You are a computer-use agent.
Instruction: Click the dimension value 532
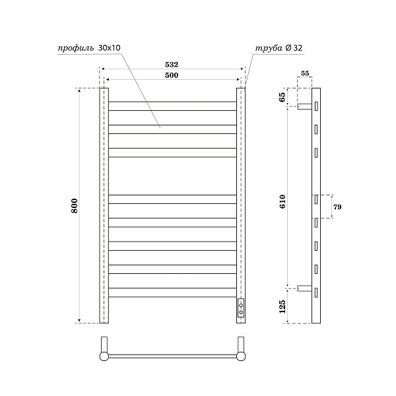pos(172,65)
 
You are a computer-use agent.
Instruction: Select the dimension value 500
pos(172,76)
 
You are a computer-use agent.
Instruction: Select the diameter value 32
pos(298,48)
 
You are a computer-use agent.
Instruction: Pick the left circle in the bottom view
pos(104,356)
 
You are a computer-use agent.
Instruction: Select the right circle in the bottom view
pos(242,356)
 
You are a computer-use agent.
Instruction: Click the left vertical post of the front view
pos(104,205)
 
